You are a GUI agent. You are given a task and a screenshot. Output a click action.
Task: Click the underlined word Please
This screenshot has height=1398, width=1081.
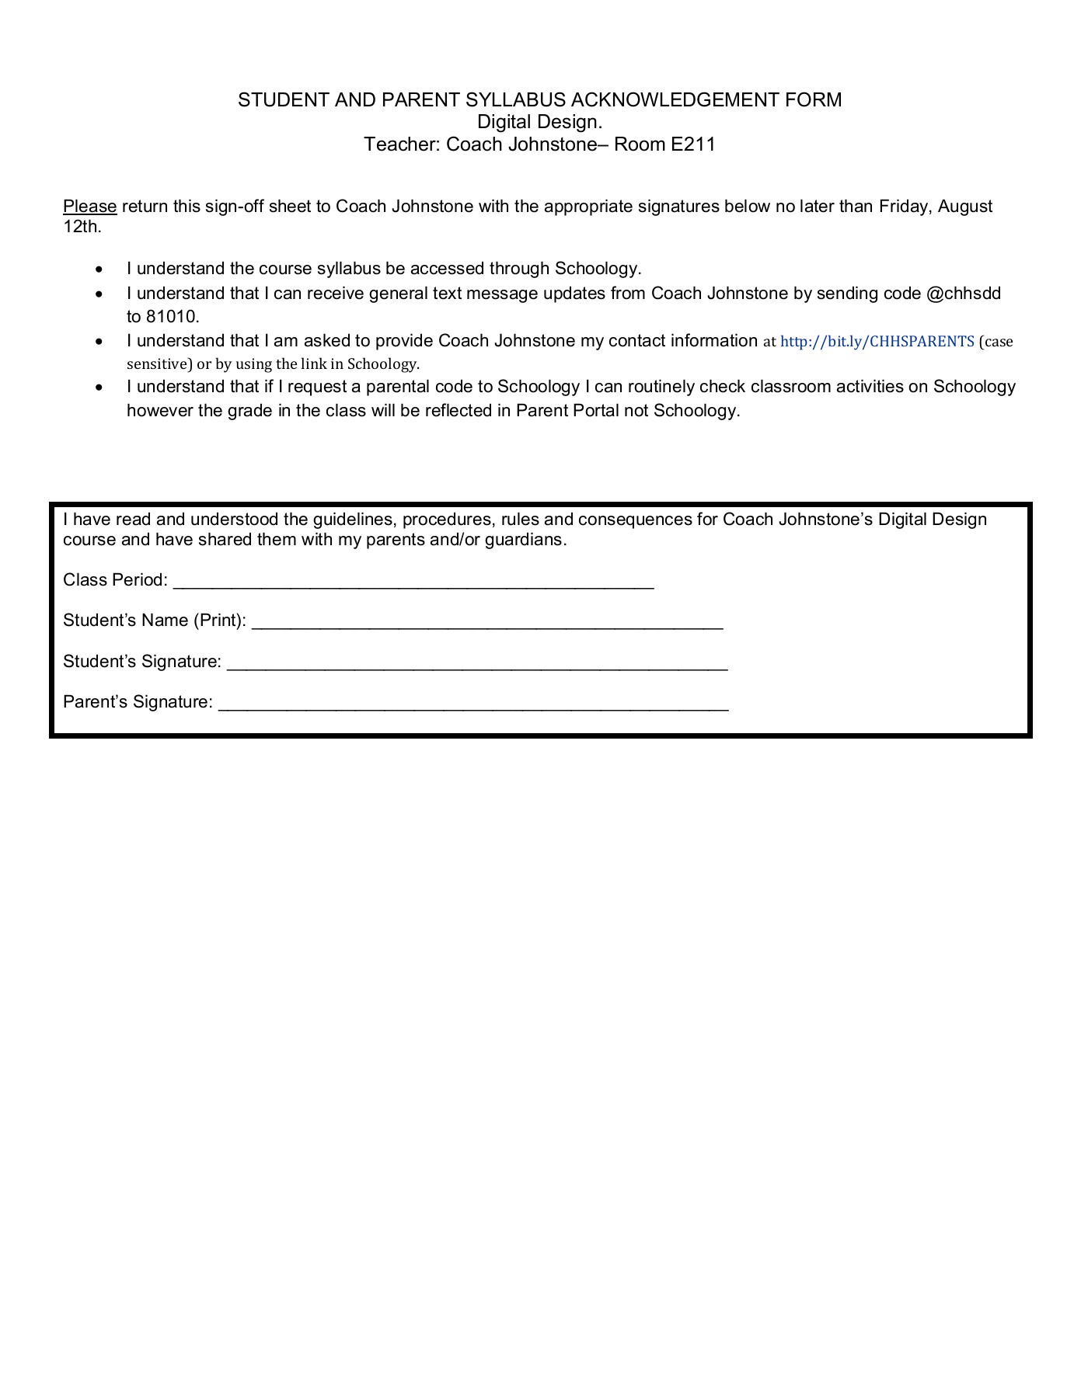pos(89,207)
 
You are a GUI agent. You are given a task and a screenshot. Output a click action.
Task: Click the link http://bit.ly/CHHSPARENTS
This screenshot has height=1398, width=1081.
pos(877,342)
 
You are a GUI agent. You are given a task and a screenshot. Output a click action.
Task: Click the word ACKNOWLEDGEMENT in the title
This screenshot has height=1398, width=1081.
pos(677,100)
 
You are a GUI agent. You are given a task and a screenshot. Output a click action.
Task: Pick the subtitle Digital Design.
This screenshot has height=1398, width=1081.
pos(539,122)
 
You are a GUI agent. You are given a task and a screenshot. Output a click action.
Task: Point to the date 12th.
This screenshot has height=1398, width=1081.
pos(82,228)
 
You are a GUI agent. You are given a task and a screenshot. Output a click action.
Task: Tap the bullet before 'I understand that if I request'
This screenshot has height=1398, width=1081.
pos(99,388)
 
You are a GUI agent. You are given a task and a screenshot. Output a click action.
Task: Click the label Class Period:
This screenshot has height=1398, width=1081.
pos(115,580)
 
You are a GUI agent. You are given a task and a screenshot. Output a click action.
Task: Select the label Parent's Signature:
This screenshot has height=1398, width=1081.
pos(138,702)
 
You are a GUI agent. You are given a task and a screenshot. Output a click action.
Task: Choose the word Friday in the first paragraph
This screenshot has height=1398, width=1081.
pos(905,207)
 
